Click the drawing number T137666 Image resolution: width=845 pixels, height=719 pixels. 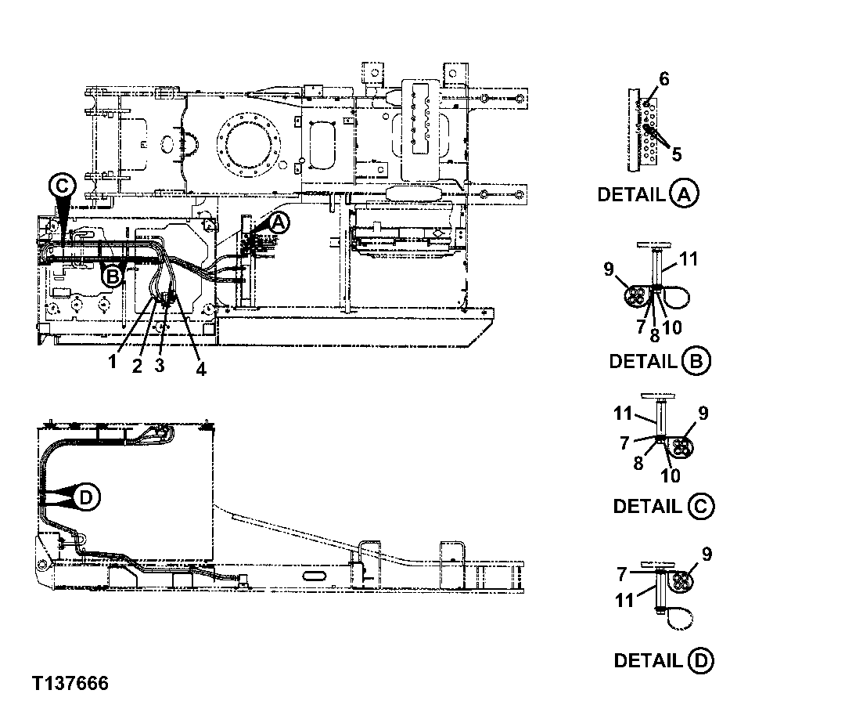70,683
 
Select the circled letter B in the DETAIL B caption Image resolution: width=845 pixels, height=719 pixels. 696,361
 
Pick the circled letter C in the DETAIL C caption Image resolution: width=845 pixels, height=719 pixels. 700,506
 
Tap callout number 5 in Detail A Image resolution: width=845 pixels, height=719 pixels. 676,154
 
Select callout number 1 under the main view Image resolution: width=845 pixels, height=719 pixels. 113,363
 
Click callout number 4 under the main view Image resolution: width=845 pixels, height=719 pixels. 201,369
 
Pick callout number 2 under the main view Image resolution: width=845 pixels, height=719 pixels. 137,366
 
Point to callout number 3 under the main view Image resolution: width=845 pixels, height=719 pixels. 159,366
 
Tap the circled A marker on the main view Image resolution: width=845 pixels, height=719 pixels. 279,223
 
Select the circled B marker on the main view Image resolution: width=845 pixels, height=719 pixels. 112,275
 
